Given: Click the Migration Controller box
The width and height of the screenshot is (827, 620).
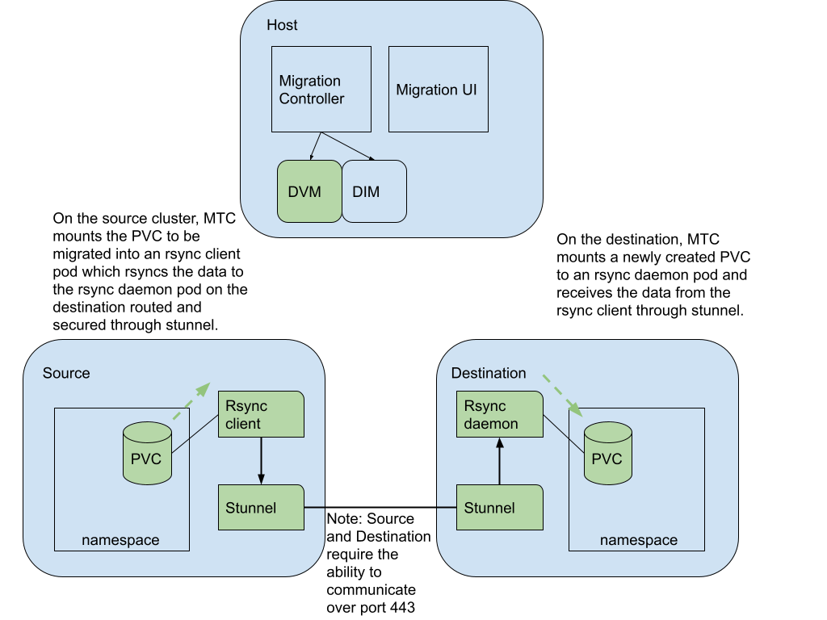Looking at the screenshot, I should [321, 89].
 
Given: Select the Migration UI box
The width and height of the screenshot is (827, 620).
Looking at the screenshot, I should [439, 89].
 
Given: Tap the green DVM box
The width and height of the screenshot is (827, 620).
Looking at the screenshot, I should [309, 191].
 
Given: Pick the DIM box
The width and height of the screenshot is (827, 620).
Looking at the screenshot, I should [374, 191].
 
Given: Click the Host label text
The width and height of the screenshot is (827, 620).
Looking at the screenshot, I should [282, 25].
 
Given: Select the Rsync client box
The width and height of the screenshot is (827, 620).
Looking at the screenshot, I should [260, 414].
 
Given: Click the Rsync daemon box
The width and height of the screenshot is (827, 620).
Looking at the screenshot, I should [499, 414].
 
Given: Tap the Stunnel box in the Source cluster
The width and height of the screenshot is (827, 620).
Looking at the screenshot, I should [260, 507].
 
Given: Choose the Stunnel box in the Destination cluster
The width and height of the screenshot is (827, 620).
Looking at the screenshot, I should [499, 507].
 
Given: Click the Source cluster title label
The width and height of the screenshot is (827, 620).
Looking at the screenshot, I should [66, 373].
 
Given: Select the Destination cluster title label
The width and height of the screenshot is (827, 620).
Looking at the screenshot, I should [488, 373].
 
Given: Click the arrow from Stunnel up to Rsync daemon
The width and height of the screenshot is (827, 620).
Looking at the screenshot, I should [499, 461].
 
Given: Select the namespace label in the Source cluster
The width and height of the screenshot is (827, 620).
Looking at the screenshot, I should [120, 540].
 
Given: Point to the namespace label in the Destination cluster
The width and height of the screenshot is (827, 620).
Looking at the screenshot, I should [638, 540].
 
